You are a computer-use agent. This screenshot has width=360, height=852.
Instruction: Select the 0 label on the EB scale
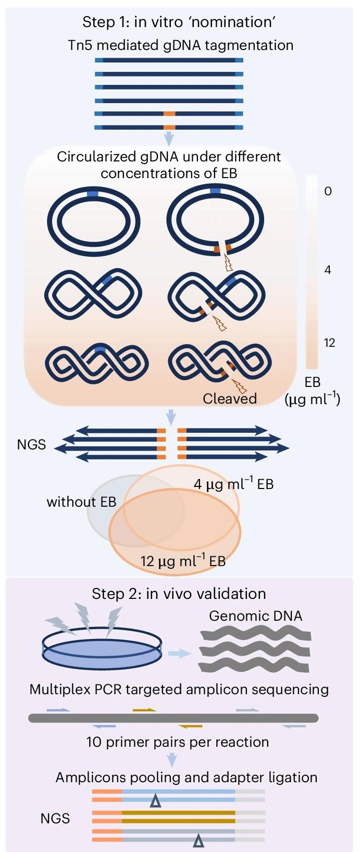(x=328, y=191)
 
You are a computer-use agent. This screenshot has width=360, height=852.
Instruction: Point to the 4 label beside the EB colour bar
(x=328, y=270)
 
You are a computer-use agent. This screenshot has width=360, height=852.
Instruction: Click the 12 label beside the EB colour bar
(x=329, y=343)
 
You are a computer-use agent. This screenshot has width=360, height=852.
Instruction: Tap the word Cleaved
(x=230, y=399)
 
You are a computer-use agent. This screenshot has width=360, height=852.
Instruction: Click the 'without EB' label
(x=81, y=502)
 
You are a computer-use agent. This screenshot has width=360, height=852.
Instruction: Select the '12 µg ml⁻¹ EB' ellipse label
(x=183, y=561)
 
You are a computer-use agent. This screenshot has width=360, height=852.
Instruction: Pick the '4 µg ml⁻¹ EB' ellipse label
(x=233, y=484)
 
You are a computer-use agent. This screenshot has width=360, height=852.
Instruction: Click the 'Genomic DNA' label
(x=255, y=616)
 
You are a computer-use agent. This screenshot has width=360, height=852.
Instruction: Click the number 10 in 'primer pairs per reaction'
(x=94, y=742)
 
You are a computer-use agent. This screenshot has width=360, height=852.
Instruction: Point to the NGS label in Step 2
(x=55, y=819)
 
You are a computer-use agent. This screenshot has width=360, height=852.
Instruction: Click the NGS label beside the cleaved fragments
(x=31, y=445)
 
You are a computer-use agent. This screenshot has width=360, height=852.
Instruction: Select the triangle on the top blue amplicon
(x=155, y=801)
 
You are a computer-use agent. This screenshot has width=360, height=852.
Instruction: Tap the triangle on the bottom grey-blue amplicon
(x=198, y=840)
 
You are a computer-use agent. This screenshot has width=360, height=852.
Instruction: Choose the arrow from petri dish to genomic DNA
(x=180, y=654)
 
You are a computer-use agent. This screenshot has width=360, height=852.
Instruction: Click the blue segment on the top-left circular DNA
(x=93, y=194)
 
